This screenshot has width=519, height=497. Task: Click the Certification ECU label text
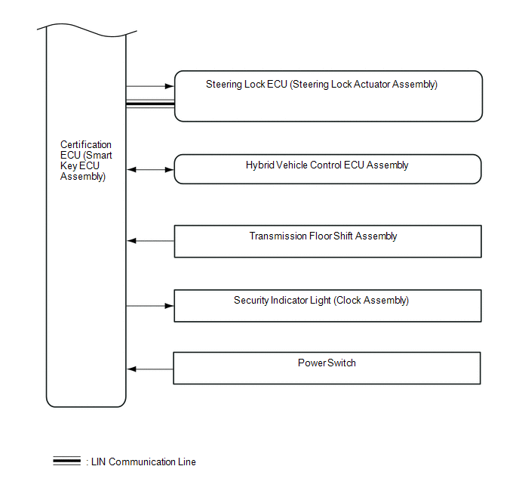click(85, 160)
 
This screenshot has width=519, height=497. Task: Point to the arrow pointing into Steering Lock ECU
click(150, 87)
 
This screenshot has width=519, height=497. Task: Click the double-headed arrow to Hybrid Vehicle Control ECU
click(150, 170)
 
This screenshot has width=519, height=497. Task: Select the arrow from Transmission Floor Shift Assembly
click(150, 241)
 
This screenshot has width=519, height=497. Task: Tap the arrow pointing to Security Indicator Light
click(150, 306)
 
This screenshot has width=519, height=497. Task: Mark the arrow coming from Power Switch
click(150, 369)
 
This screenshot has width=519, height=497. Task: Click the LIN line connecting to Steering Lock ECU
click(150, 104)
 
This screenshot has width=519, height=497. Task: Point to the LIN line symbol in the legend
click(67, 461)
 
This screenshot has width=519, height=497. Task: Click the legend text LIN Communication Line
click(143, 461)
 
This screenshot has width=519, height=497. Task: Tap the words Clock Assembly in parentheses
click(374, 301)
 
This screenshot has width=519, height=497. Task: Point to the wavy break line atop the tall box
click(86, 30)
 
